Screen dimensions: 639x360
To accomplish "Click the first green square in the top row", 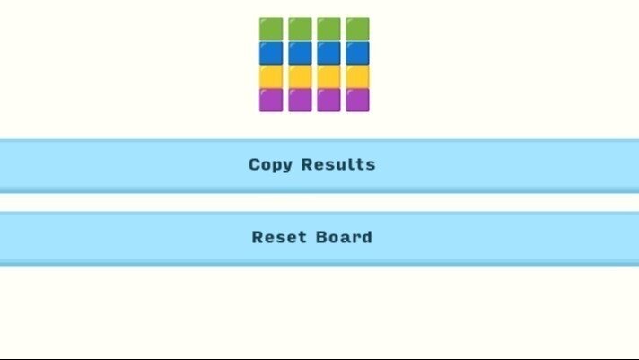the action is tap(271, 29).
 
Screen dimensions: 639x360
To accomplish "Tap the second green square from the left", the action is tap(300, 29).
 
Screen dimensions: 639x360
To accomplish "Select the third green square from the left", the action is tap(328, 29).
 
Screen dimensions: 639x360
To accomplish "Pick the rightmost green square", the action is tap(358, 29).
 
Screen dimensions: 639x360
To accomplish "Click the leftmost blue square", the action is tap(271, 53).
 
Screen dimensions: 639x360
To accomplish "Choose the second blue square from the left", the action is tap(300, 53).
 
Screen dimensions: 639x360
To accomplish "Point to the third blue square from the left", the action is tap(328, 53).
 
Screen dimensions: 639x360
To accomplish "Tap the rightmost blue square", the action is tap(358, 53).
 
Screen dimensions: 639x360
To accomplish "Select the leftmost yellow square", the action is tap(271, 76).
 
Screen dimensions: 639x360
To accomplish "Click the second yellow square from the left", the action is tap(300, 76).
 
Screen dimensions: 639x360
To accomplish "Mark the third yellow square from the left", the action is tap(328, 76).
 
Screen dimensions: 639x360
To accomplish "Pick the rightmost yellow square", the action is tap(358, 76).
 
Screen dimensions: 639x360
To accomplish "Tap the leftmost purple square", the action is tap(271, 100).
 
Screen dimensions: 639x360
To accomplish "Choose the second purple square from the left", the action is tap(300, 100).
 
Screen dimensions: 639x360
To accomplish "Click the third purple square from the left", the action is tap(328, 100).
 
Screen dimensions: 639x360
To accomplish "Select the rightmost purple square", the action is tap(358, 100).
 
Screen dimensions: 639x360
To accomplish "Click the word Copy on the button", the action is tap(271, 165).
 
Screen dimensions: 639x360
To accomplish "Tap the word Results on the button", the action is tap(338, 164).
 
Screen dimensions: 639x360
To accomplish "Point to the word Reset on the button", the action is tap(279, 237).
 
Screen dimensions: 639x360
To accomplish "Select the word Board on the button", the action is tap(344, 237).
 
